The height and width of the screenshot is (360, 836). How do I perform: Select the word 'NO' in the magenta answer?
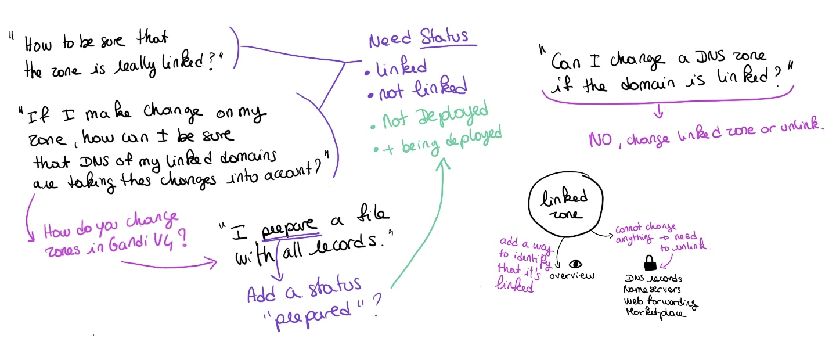599,140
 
